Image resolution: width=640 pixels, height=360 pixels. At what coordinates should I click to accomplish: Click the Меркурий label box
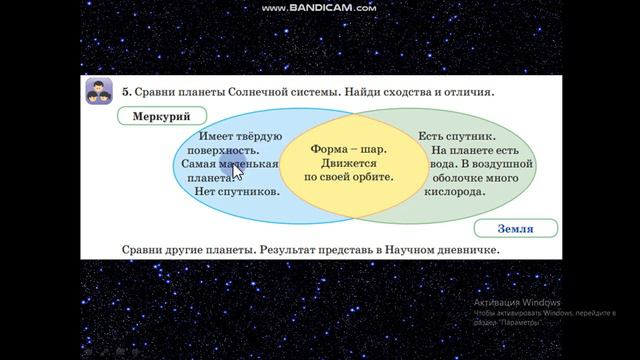pos(160,116)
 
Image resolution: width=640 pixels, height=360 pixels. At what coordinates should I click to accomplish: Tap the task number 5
pos(126,92)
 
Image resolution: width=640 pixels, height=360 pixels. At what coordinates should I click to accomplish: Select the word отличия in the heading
pos(464,92)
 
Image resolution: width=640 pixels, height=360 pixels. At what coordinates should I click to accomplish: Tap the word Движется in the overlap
pos(348,162)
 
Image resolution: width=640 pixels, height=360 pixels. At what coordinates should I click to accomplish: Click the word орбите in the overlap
pos(371,177)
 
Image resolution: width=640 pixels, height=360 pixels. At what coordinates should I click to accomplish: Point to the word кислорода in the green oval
pos(456,190)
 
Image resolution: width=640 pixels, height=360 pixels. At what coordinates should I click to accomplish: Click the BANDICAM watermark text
pos(319,8)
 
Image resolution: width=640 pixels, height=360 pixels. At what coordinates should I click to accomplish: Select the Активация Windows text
pos(517,302)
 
